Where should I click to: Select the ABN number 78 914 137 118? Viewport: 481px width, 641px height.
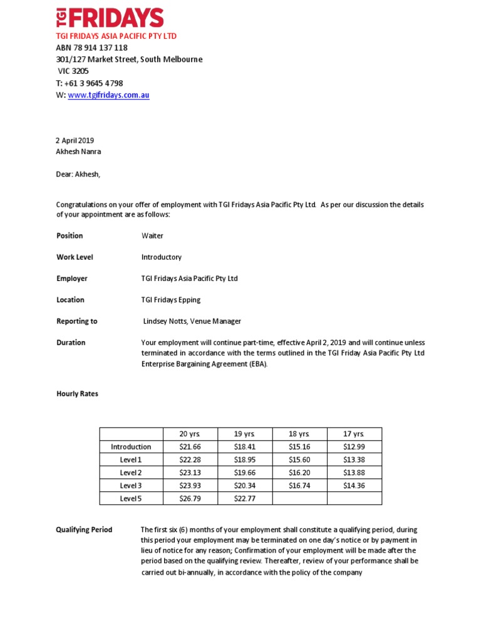(91, 48)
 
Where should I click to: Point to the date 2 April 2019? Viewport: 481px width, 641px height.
(75, 141)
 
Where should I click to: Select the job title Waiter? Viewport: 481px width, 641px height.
(152, 236)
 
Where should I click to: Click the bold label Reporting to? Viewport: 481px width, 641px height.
(77, 321)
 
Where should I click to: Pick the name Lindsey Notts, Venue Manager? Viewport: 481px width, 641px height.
(192, 321)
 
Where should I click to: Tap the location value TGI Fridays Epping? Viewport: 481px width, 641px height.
(171, 300)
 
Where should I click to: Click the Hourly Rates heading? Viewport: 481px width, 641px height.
(77, 394)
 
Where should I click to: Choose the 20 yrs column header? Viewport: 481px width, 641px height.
(189, 434)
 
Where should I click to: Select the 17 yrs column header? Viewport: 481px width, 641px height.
(354, 434)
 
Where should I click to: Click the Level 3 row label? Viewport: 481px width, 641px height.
(131, 485)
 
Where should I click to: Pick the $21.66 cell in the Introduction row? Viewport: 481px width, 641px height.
(189, 447)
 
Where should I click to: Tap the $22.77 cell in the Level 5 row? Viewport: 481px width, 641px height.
(244, 498)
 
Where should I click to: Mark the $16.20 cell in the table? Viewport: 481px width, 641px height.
(299, 473)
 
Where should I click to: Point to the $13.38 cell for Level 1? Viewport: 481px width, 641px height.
(354, 459)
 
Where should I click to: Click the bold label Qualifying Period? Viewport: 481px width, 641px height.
(85, 530)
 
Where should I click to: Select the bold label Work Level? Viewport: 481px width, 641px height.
(75, 257)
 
